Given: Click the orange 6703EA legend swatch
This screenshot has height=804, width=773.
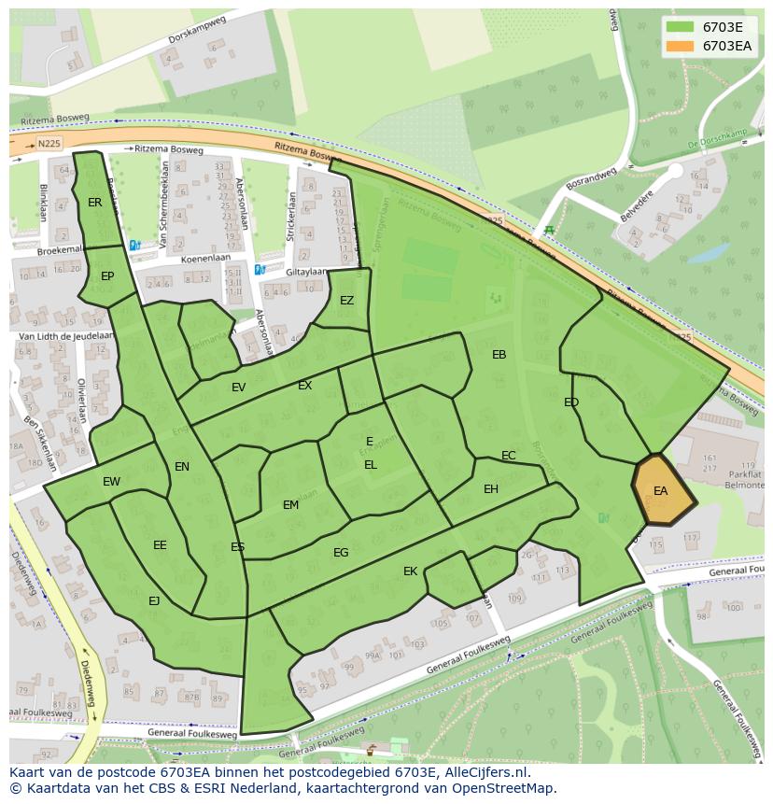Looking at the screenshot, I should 681,46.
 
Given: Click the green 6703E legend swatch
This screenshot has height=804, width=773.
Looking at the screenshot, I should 681,27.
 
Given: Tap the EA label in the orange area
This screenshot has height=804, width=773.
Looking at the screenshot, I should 661,491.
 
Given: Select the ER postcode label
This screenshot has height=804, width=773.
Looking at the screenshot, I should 95,203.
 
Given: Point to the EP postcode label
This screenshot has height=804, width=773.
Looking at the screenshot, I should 107,276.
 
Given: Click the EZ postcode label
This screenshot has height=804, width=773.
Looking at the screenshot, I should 346,301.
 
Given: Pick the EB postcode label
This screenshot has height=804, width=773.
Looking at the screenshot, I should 499,355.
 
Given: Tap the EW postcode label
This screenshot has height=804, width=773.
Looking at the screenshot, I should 111,482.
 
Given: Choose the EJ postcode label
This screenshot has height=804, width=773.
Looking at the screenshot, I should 154,601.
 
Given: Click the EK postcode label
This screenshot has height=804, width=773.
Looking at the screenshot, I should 410,571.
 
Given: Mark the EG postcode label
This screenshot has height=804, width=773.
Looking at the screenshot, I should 341,553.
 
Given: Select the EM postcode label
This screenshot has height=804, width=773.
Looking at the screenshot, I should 290,505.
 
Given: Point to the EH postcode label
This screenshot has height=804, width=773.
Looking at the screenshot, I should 491,489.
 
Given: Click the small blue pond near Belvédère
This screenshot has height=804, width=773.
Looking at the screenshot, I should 712,252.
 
